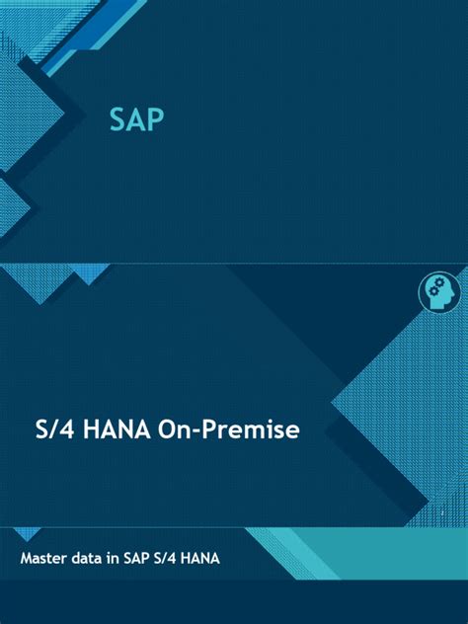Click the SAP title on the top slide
click(136, 120)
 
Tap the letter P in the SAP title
click(154, 120)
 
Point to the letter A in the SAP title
click(136, 120)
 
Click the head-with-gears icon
click(439, 292)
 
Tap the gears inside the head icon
click(435, 287)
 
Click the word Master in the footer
click(45, 559)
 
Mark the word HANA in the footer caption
click(201, 559)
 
